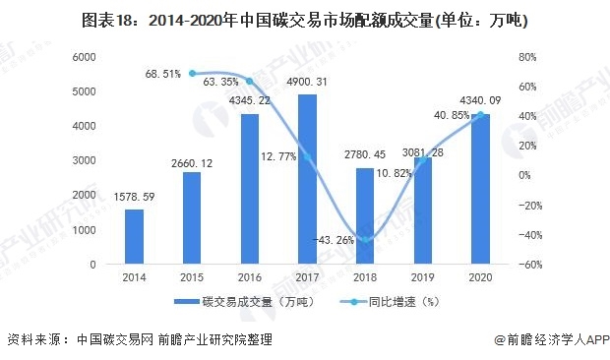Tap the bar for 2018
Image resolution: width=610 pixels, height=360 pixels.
365,216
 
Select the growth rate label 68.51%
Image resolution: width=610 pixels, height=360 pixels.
162,74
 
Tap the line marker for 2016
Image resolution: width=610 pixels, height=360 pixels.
250,81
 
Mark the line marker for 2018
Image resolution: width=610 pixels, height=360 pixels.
365,239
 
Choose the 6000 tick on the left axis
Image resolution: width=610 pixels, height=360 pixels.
84,57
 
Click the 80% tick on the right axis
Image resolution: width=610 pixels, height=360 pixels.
527,57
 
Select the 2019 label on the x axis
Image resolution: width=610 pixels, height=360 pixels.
422,279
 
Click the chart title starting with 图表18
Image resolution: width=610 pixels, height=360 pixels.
304,20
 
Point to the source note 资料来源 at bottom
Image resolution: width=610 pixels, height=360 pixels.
138,339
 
